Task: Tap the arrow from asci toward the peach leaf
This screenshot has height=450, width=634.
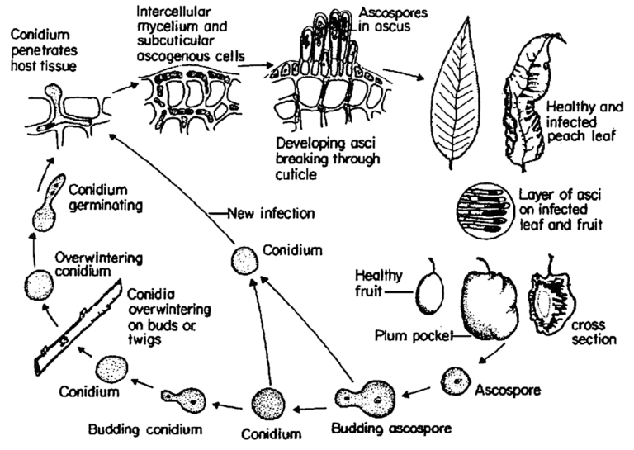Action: [405, 73]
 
